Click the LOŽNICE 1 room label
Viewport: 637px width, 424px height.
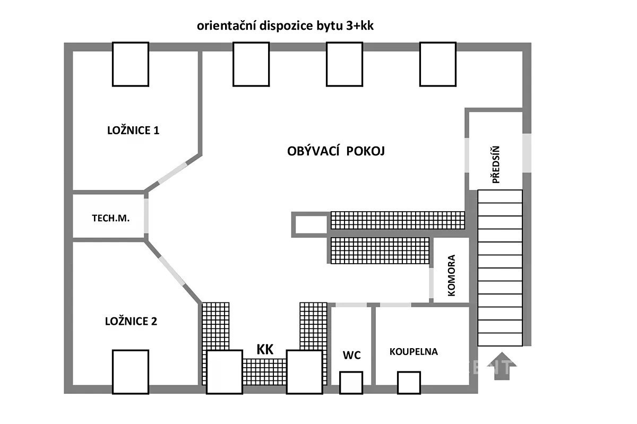[133, 130]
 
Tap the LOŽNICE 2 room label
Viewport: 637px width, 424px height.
[131, 321]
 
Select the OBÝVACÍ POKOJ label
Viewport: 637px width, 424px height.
[336, 151]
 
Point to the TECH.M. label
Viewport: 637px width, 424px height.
[111, 218]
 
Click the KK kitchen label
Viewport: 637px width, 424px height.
[265, 349]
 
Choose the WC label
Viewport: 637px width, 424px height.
[351, 355]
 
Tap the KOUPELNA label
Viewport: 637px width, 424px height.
[414, 351]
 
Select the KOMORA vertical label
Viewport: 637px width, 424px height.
[452, 275]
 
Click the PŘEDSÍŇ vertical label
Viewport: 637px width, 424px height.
[496, 165]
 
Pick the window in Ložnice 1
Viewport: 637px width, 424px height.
[131, 64]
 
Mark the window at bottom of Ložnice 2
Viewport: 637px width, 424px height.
[131, 371]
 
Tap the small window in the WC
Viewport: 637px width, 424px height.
[351, 383]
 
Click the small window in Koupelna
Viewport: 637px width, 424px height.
[409, 383]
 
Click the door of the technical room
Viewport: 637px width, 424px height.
[146, 217]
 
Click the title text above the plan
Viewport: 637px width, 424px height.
[286, 26]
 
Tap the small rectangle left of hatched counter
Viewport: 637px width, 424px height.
[310, 224]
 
